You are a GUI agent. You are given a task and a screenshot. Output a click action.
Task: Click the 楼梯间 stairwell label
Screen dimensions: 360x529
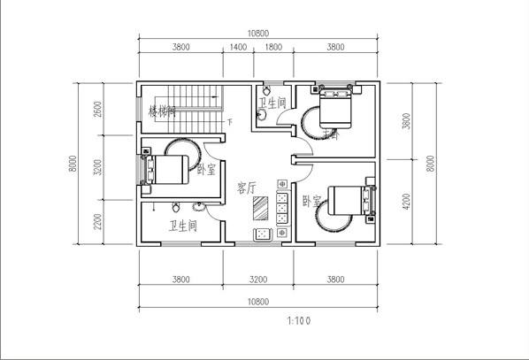[x=161, y=111]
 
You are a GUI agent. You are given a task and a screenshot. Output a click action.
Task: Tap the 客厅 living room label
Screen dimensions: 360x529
[x=246, y=188]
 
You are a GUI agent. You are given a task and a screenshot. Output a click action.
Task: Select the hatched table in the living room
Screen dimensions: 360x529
[x=261, y=207]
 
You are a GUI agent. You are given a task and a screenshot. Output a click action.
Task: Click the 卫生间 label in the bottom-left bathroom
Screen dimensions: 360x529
[x=181, y=226]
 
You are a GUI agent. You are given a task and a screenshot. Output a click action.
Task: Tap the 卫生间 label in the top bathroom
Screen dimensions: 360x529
[x=274, y=103]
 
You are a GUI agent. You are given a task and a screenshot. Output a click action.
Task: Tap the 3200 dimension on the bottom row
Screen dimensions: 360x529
[x=257, y=280]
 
